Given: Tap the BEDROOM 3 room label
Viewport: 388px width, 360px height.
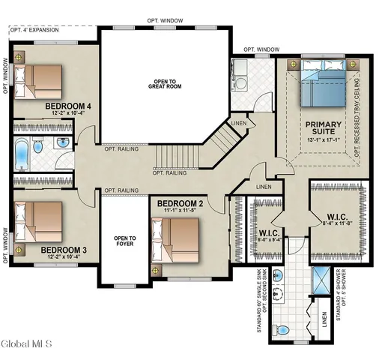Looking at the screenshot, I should click(x=64, y=250).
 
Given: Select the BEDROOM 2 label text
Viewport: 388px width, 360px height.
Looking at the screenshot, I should click(x=181, y=203).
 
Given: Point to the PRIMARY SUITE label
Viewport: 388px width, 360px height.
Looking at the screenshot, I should click(x=323, y=129).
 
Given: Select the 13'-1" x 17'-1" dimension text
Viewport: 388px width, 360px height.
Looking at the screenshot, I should click(x=323, y=139).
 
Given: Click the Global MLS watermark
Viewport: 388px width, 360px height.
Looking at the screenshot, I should click(x=26, y=344).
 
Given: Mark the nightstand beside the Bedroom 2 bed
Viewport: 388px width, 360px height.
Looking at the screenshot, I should click(x=155, y=268).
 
